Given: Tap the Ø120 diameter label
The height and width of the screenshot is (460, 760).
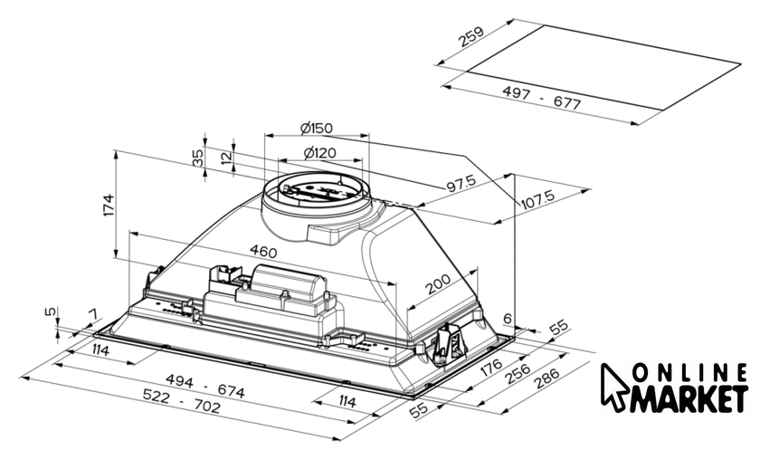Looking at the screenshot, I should point(315,151).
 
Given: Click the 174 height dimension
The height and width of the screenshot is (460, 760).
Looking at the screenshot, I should point(109,205).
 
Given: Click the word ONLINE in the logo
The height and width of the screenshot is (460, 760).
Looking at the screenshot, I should point(689,374).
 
